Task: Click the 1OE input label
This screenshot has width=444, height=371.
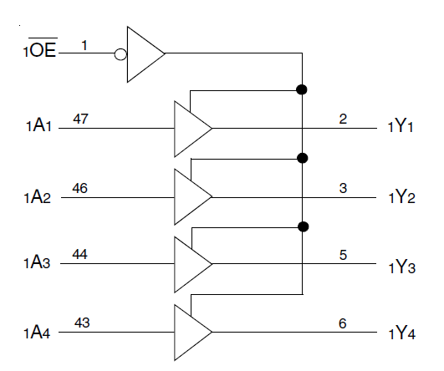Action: pos(39,52)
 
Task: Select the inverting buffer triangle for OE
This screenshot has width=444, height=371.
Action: pos(144,54)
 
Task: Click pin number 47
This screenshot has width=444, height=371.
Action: pos(80,119)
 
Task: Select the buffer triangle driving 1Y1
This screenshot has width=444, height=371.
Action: pos(191,129)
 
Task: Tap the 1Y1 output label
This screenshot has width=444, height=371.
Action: pos(402,129)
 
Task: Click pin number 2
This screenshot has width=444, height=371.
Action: pos(343,119)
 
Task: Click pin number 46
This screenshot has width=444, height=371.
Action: pos(80,188)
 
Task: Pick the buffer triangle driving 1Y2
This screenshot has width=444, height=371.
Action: pos(191,196)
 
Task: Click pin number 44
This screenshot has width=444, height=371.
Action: pos(81,254)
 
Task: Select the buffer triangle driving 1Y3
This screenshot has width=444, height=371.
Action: pos(191,263)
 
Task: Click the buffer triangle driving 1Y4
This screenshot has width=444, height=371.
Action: pos(191,332)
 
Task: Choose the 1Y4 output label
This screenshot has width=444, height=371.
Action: pos(402,333)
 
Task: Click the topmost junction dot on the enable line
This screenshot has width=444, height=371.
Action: pos(303,89)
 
